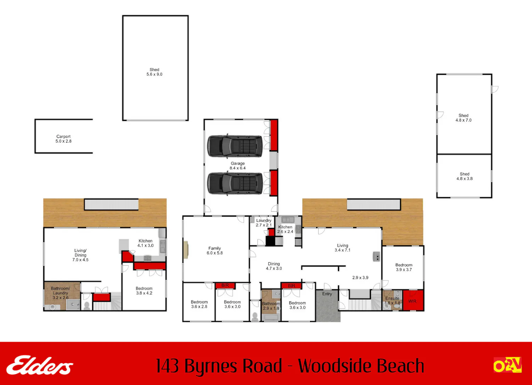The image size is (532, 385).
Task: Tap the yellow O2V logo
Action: [508, 365]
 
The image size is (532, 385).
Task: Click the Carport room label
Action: [63, 139]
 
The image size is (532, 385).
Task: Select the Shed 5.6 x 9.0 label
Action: [154, 72]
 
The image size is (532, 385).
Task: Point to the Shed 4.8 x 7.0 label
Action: [463, 118]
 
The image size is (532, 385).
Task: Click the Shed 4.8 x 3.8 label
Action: [464, 176]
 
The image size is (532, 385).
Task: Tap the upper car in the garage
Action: [235, 146]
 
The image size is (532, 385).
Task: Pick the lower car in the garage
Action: [235, 184]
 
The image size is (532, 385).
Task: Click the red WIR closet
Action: [413, 300]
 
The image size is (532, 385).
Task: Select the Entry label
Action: [327, 294]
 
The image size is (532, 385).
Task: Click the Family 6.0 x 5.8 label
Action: [215, 251]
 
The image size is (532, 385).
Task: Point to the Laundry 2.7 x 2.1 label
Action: [264, 223]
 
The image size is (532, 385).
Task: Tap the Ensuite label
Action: [392, 298]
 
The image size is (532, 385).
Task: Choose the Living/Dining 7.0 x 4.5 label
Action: [80, 255]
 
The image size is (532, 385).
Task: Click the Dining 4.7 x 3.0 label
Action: [274, 266]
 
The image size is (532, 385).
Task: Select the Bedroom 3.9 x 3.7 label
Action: [404, 267]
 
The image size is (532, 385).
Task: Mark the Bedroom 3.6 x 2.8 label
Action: [199, 304]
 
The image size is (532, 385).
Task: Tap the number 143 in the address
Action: [167, 366]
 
